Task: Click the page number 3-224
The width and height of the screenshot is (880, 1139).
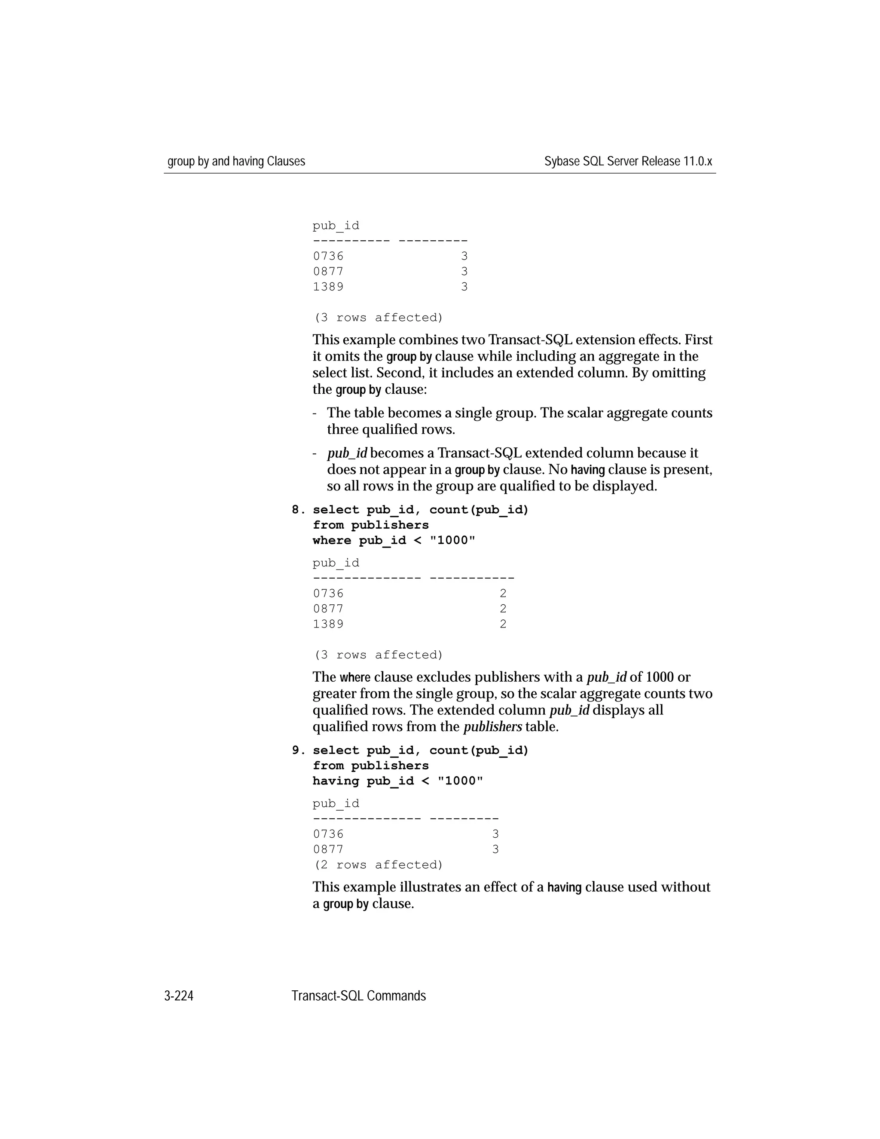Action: pos(179,996)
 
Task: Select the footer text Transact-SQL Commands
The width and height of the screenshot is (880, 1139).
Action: pos(359,996)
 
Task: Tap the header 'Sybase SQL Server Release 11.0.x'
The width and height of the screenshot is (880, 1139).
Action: pos(628,162)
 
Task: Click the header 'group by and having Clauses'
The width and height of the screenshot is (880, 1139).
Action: pos(236,162)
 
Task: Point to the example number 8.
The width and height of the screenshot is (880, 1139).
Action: pos(298,510)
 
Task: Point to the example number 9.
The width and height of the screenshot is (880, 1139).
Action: pos(298,750)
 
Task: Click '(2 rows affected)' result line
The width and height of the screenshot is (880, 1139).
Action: pos(378,865)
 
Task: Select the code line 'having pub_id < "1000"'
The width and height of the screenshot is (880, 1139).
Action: pos(398,781)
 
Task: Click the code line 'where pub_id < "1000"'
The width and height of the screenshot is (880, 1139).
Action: pos(394,541)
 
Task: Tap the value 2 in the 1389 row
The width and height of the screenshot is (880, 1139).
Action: pos(503,624)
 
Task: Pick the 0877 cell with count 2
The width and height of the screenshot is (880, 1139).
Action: pos(328,609)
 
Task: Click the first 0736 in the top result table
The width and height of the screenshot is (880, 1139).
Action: pos(328,257)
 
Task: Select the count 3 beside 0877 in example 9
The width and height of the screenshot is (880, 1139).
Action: pos(495,850)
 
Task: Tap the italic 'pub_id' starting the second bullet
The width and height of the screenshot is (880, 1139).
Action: pos(347,453)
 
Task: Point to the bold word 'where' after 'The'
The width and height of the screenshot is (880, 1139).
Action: pos(354,678)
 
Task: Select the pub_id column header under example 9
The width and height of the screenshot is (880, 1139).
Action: pos(336,804)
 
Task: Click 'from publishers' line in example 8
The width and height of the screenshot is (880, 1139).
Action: pos(371,525)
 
